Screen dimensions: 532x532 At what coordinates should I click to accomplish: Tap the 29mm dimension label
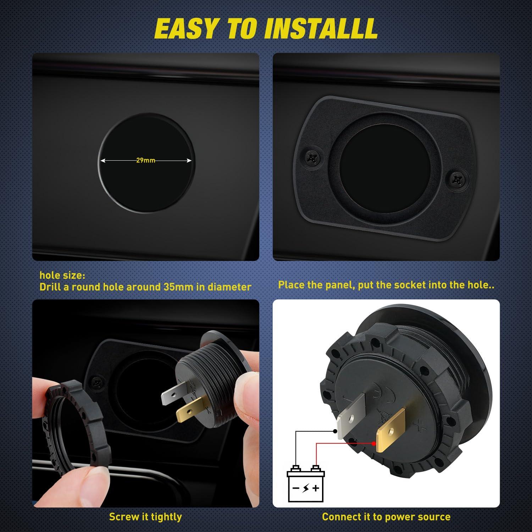[146, 160]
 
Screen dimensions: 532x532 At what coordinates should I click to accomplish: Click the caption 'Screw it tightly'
[145, 517]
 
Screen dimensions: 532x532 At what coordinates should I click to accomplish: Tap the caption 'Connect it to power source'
[386, 517]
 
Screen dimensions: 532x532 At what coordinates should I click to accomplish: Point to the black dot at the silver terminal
[334, 431]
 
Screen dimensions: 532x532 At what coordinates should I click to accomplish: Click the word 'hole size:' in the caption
[62, 275]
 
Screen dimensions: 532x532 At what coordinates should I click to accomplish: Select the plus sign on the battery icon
[315, 488]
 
